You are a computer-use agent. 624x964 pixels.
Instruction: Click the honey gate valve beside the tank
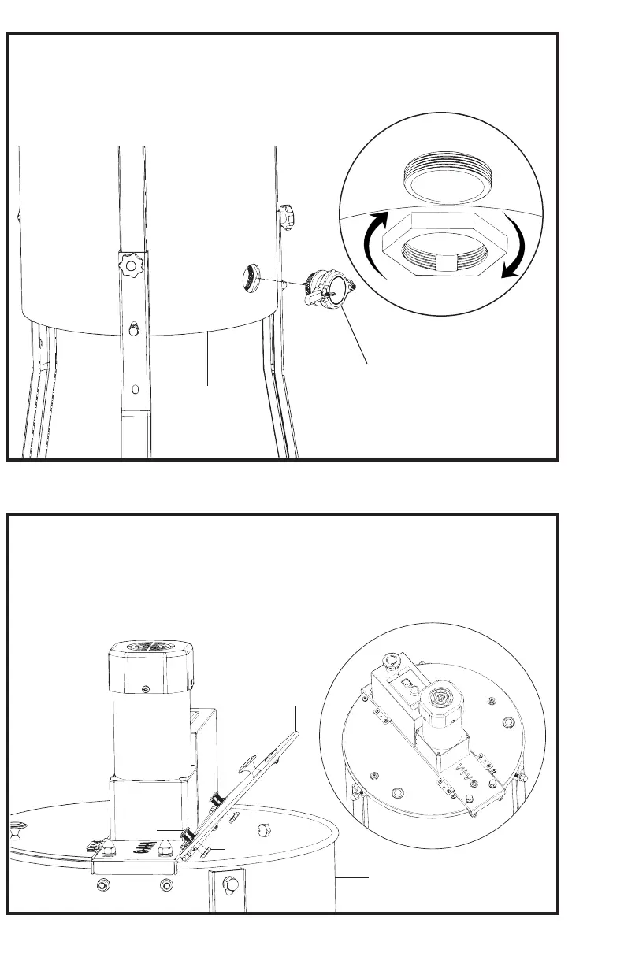pyautogui.click(x=327, y=287)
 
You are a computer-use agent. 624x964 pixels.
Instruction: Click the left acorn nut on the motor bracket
pyautogui.click(x=107, y=846)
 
